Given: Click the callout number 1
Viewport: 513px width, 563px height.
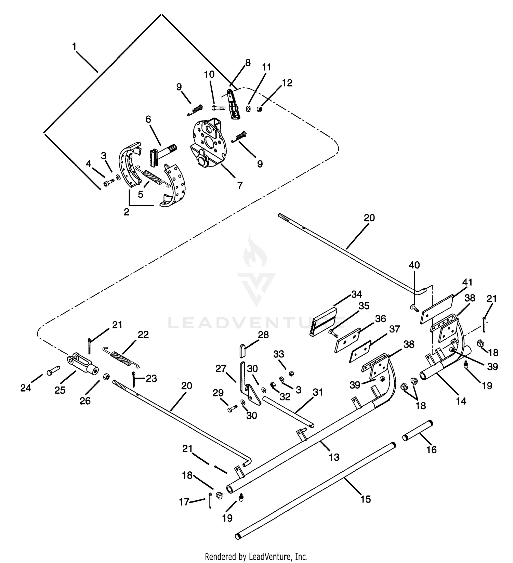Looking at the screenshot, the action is [74, 46].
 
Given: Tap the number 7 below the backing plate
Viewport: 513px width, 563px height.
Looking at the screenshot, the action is [240, 185].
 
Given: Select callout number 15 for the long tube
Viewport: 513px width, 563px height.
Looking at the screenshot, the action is [366, 499].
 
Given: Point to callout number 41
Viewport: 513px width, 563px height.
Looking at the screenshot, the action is [467, 282].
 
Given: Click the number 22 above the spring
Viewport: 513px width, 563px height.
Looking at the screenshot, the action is [143, 335].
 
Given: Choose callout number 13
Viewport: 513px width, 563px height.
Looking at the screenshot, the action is [334, 457].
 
